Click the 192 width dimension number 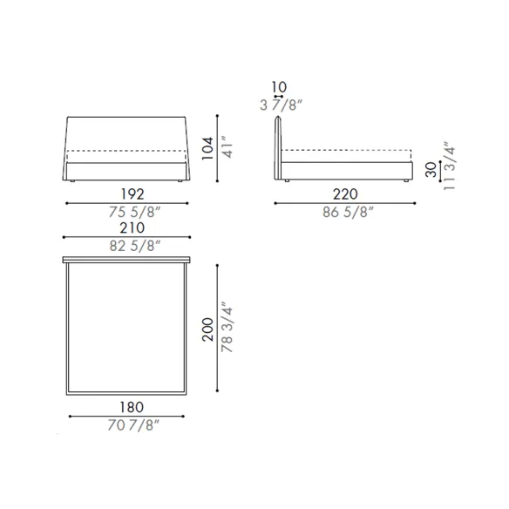point(132,194)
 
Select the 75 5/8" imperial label point(134,213)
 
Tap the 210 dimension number point(132,227)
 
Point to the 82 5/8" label point(135,246)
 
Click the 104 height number point(207,148)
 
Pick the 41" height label point(227,147)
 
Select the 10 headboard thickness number point(279,87)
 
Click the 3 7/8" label point(282,105)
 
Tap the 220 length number point(345,194)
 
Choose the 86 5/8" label point(348,213)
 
